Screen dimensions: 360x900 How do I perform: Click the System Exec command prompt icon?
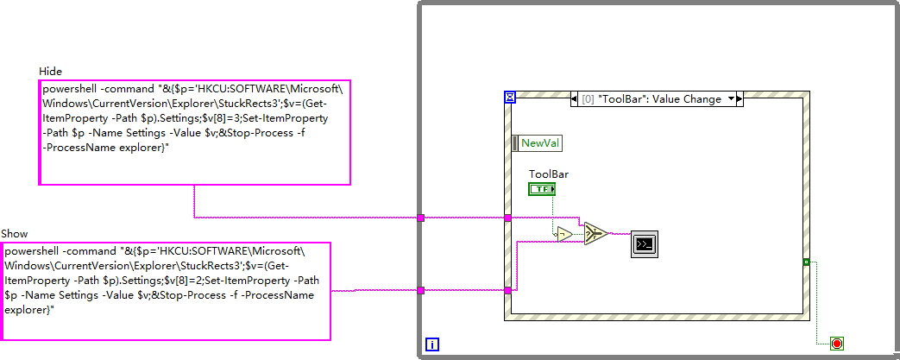[644, 244]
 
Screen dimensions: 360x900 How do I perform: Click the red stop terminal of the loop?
[836, 344]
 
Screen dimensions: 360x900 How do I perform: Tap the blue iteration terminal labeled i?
[432, 344]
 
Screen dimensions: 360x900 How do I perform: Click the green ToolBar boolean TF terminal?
[542, 189]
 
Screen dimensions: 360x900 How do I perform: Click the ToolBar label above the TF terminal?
[548, 174]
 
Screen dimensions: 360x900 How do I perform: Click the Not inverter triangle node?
[563, 234]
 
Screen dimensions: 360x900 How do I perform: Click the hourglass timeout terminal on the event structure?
[509, 98]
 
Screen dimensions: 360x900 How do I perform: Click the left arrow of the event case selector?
[576, 99]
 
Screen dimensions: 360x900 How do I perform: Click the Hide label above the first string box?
[51, 71]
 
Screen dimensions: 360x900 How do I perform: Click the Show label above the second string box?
[14, 234]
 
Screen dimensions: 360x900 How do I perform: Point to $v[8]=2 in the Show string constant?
[173, 280]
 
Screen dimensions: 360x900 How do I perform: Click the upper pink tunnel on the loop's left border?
[420, 218]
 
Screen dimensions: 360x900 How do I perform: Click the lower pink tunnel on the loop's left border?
[420, 291]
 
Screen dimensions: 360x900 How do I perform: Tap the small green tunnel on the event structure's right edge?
[804, 261]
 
